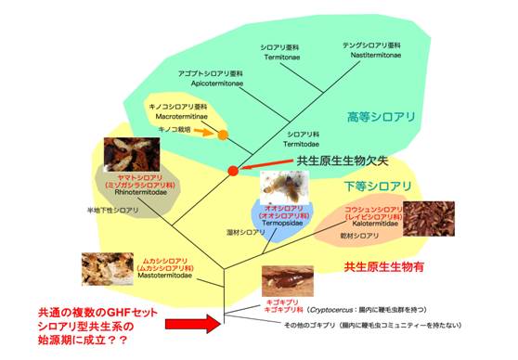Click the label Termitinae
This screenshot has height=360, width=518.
[x=280, y=57]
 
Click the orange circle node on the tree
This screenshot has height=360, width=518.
[x=223, y=136]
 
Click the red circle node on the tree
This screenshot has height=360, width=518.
[x=233, y=171]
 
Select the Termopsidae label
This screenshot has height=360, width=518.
[x=282, y=224]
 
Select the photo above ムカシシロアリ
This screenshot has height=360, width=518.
[x=109, y=265]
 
